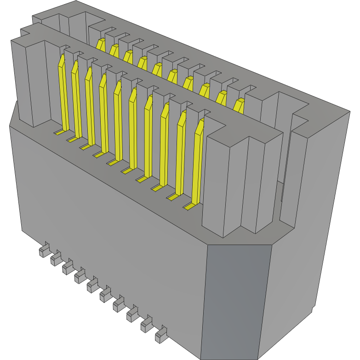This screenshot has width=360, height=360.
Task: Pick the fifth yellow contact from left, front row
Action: (118, 120)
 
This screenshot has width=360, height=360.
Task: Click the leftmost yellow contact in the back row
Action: (100, 45)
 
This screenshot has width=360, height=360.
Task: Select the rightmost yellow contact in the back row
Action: (239, 105)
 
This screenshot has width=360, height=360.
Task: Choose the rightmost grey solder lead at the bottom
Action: (161, 336)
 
